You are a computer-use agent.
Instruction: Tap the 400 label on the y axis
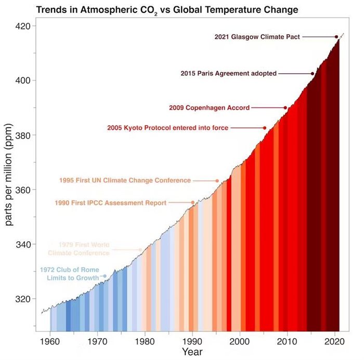tap(21, 81)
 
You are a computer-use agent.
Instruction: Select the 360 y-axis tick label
tap(21, 190)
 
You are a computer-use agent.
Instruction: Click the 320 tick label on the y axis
tap(21, 299)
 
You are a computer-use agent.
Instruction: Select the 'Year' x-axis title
tap(192, 352)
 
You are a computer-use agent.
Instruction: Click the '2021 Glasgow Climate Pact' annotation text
tap(257, 37)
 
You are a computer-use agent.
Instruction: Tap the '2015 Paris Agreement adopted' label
tap(228, 74)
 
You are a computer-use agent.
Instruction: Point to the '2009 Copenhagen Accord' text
tap(209, 108)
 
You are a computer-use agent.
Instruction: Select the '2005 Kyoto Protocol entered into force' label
tap(167, 128)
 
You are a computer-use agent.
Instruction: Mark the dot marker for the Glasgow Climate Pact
tap(336, 37)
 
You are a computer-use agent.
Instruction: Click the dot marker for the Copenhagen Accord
tap(285, 108)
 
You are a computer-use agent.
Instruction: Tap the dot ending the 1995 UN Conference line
tap(217, 181)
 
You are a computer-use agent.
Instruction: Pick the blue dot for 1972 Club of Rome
tap(105, 276)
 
